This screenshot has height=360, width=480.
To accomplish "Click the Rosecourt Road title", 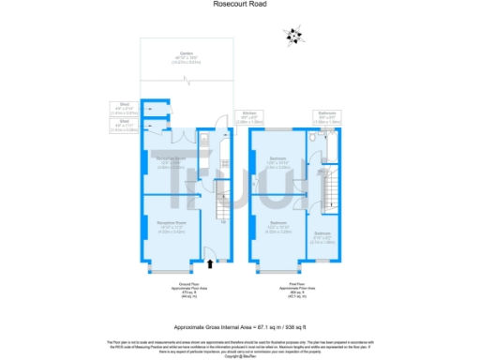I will (239, 7).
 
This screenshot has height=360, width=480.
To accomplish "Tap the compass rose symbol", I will (294, 36).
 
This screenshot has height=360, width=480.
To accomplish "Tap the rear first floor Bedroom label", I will (278, 162).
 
